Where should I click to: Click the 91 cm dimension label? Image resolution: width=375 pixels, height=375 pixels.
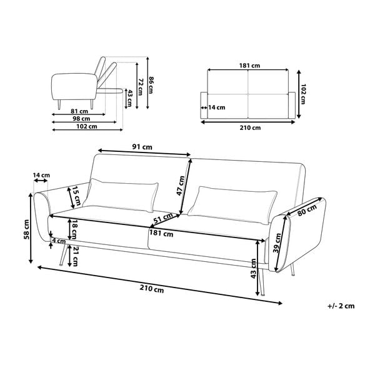coord(142,147)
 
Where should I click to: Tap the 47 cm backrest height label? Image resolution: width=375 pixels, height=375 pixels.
coord(181,186)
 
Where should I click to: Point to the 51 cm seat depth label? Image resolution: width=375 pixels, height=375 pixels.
coord(163,218)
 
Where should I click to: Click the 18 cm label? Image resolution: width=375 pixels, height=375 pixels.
coord(73,229)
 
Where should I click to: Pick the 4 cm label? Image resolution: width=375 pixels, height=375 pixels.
coord(59,241)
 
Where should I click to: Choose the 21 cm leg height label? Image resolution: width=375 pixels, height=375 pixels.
coord(75,256)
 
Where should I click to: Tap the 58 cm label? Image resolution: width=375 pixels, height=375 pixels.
coord(26,229)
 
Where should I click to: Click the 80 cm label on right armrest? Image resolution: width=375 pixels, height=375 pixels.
coord(307,210)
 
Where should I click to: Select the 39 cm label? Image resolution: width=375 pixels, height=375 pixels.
coord(277,243)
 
